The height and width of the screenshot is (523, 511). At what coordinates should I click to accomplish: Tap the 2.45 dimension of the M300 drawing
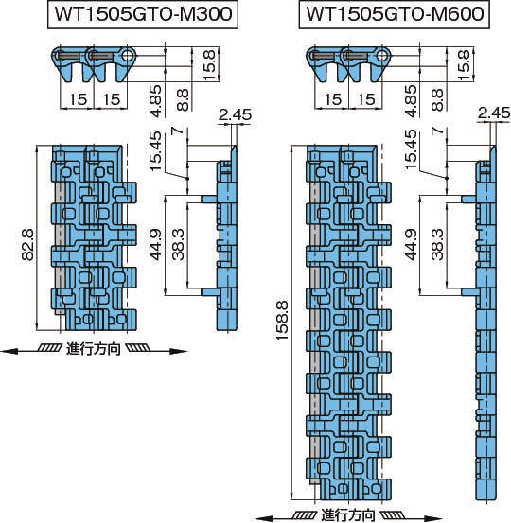(233, 116)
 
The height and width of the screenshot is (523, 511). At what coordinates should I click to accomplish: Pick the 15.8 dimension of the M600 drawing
(464, 65)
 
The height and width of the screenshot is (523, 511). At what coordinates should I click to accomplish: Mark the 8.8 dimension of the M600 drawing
(436, 96)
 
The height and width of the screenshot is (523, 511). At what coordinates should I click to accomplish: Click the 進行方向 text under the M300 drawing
(94, 350)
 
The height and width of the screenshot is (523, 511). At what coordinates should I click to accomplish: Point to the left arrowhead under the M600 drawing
(260, 515)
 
